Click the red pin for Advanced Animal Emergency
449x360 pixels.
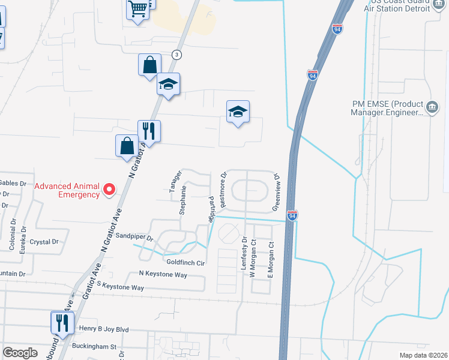point(109,190)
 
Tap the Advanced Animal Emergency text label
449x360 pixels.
point(67,190)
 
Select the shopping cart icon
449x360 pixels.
point(137,10)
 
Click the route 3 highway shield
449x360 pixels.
point(176,55)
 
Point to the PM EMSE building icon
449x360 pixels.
point(431,108)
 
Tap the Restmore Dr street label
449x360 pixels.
point(223,190)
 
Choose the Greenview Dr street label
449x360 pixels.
point(277,192)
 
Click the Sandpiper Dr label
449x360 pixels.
point(135,237)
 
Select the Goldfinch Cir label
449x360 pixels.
point(185,263)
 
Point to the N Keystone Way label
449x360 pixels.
point(163,275)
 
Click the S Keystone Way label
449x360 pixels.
point(120,287)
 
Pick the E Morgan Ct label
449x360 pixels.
point(271,260)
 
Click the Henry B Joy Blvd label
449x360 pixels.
point(104,329)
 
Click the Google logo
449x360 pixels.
point(20,353)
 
